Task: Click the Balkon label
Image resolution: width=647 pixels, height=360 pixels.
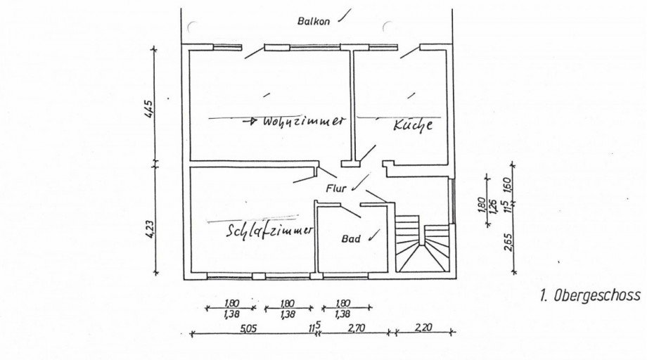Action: click(314, 21)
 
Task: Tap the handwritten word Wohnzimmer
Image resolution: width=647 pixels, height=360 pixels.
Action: click(303, 121)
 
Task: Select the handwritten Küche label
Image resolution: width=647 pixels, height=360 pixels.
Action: click(413, 124)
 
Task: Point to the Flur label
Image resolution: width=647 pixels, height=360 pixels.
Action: click(336, 189)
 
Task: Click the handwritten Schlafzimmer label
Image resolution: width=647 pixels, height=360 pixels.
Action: click(269, 230)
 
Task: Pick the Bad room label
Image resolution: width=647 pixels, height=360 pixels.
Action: click(351, 239)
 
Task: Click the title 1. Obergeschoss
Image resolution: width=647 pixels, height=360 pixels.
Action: click(590, 295)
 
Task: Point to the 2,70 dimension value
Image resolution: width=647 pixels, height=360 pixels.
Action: click(356, 328)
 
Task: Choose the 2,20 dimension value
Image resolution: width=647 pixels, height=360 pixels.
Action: click(423, 328)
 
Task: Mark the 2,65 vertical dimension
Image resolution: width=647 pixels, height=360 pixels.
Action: click(508, 242)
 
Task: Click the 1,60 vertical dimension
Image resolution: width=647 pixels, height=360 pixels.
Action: click(508, 185)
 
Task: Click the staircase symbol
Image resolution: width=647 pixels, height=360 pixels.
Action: click(422, 244)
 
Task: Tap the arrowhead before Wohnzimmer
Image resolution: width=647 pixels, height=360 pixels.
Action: click(252, 121)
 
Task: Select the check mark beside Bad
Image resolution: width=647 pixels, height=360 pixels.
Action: click(373, 235)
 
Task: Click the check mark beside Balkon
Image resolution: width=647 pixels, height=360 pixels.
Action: click(345, 15)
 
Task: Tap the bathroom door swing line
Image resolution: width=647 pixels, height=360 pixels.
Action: click(350, 211)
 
